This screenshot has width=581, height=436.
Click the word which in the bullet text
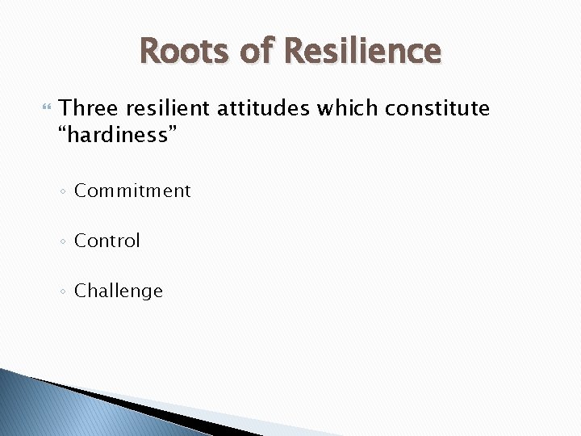[x=348, y=108]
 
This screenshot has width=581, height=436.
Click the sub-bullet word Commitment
[x=132, y=191]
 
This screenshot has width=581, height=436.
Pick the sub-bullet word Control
[x=107, y=241]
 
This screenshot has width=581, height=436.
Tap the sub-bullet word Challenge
[x=119, y=291]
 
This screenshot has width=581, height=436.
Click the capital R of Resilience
[x=295, y=51]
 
